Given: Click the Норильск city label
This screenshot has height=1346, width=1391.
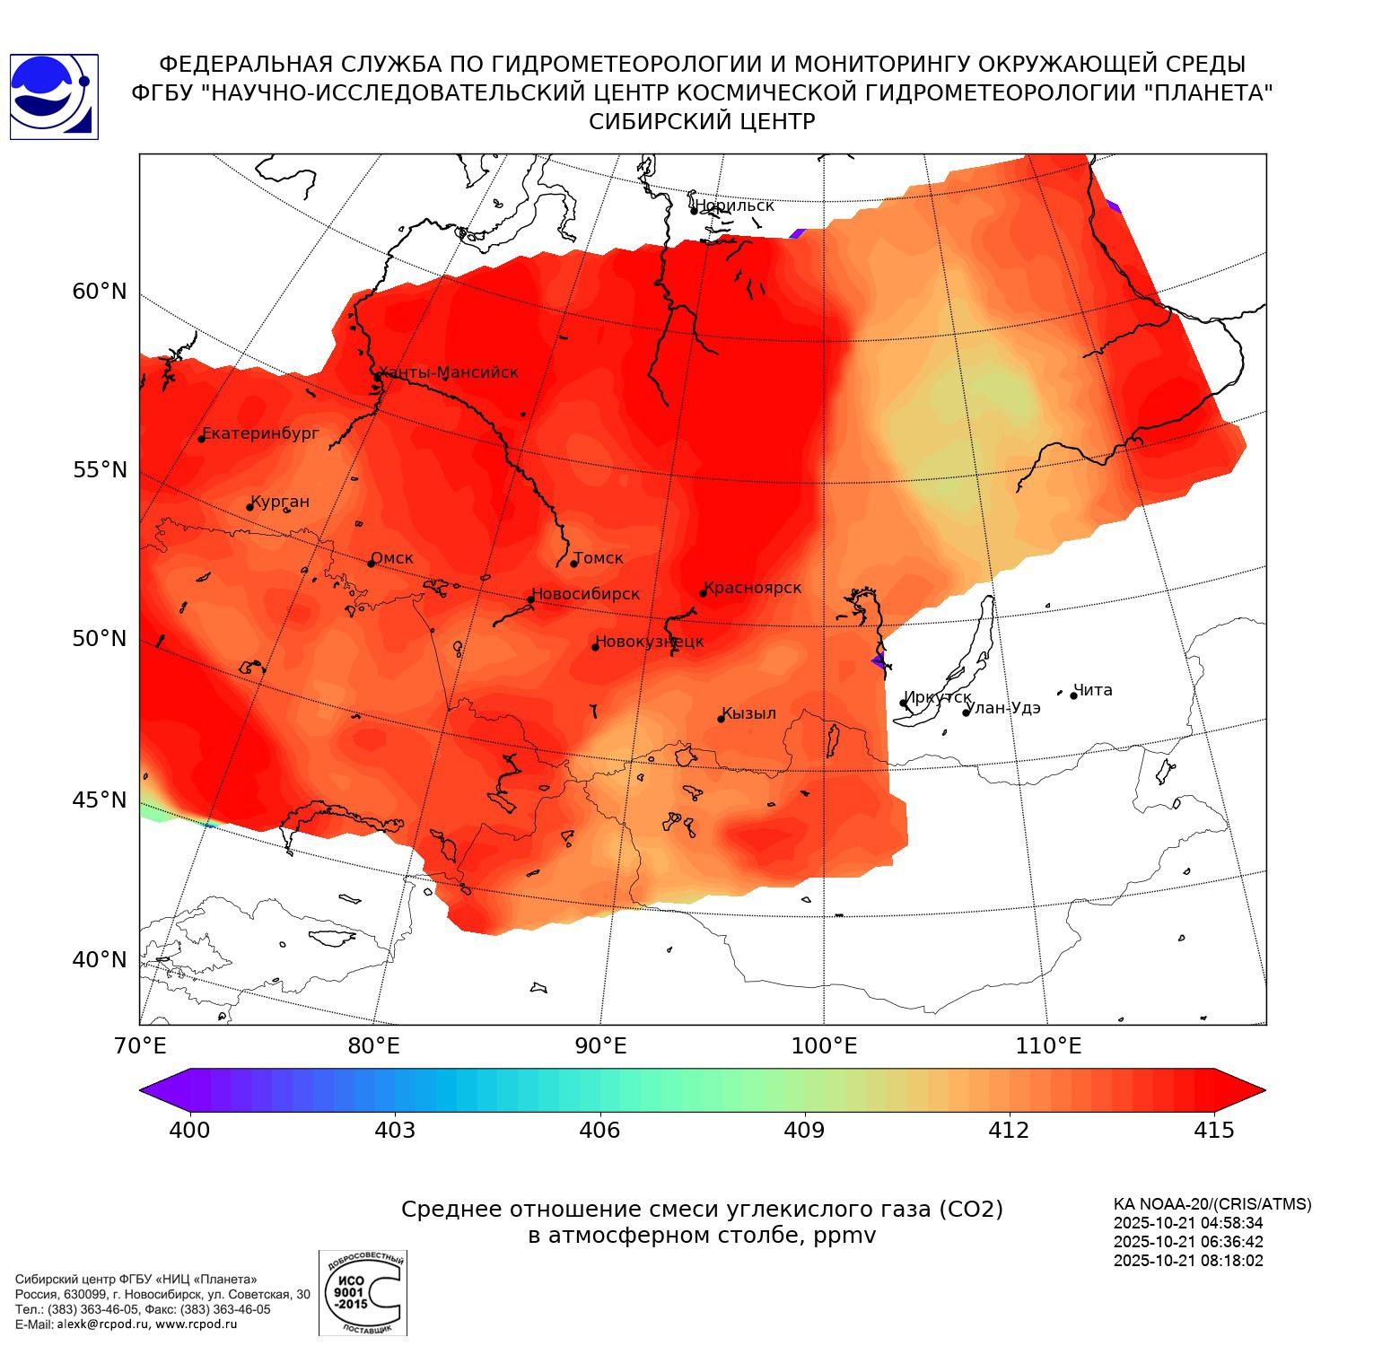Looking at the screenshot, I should click(734, 205).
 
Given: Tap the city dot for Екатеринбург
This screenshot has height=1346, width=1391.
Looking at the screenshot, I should click(202, 438).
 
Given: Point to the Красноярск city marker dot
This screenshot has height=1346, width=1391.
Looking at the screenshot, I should click(704, 593).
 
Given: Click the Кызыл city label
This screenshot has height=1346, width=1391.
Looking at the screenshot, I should click(748, 713).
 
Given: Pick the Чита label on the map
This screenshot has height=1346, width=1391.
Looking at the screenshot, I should click(1093, 690).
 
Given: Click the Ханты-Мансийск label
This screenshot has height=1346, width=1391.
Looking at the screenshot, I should click(449, 372).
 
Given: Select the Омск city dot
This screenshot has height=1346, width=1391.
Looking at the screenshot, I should click(371, 564).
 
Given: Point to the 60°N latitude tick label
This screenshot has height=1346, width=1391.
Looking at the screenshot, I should click(100, 292).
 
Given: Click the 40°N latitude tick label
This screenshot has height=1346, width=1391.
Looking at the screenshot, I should click(100, 960).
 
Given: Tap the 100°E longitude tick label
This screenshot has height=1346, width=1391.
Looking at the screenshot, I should click(824, 1046).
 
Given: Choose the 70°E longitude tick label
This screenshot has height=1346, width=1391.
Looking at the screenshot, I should click(140, 1046).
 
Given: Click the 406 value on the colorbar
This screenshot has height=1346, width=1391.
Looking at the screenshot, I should click(599, 1131).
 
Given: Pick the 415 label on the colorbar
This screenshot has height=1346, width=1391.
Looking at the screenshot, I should click(1214, 1131).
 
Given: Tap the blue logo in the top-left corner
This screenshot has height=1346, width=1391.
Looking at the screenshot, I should click(53, 97).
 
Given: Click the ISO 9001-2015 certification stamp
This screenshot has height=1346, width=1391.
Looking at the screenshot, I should click(363, 1293).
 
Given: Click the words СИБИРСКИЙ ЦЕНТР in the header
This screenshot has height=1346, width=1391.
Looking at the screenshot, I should click(702, 122).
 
